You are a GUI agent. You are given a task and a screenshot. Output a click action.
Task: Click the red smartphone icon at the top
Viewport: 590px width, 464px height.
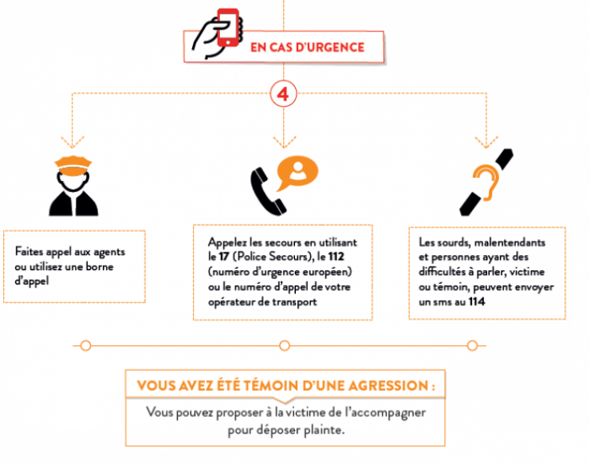tap(228, 28)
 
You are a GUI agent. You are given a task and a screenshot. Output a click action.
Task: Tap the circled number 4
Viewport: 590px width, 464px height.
tap(283, 94)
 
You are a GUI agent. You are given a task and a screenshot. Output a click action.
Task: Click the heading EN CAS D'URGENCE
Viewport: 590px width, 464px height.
tap(308, 47)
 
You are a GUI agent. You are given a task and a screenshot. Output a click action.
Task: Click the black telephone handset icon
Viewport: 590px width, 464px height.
tap(267, 191)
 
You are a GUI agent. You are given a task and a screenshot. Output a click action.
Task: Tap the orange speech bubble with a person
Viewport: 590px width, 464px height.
tap(297, 173)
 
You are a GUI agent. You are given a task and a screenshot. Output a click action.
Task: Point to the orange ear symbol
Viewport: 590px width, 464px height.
tap(486, 183)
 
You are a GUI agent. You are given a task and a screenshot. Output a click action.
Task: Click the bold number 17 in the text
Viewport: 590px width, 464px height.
tap(224, 257)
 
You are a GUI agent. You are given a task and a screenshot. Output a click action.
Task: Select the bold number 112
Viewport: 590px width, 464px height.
tap(336, 257)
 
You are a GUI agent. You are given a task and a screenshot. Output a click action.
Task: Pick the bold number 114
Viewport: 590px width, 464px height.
tap(477, 302)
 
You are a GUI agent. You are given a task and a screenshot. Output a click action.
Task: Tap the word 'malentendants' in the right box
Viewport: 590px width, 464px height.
tap(509, 242)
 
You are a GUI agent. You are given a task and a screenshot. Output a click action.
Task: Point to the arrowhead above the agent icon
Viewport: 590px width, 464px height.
tap(73, 142)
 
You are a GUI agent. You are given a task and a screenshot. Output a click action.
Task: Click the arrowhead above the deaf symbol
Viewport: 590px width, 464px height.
tap(486, 142)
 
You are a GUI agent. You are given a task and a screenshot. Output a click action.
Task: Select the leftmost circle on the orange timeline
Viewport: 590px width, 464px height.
tap(86, 345)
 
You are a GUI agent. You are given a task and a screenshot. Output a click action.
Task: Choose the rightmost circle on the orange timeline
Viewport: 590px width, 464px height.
tap(472, 345)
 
